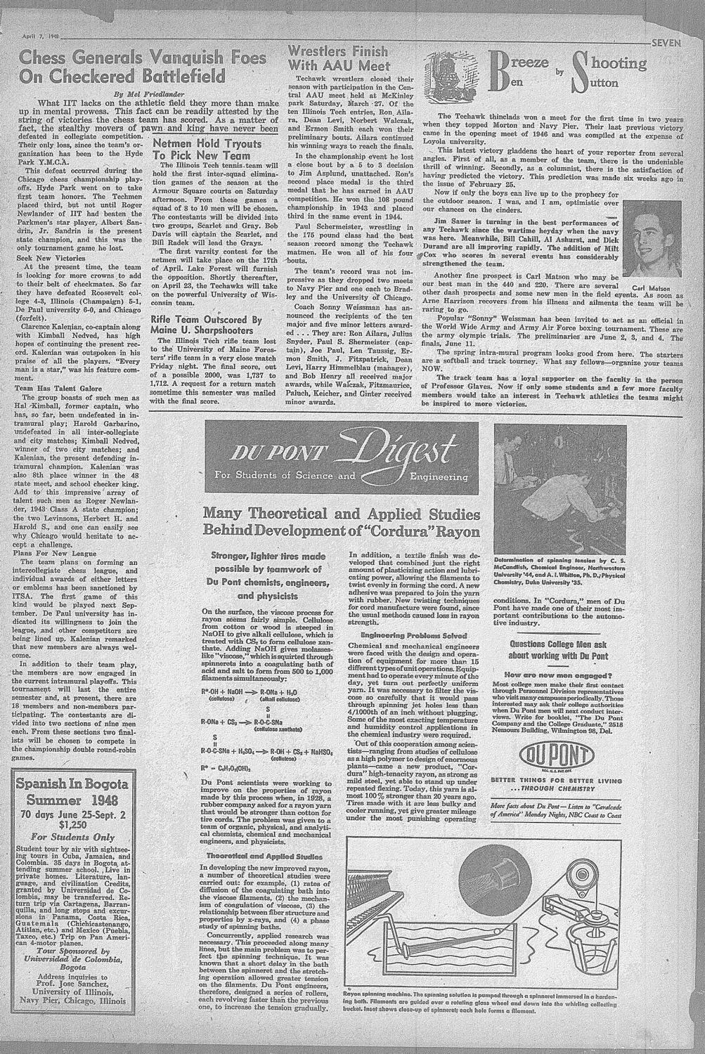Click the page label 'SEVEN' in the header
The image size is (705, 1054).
click(666, 43)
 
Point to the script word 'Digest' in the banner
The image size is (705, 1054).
click(411, 448)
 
